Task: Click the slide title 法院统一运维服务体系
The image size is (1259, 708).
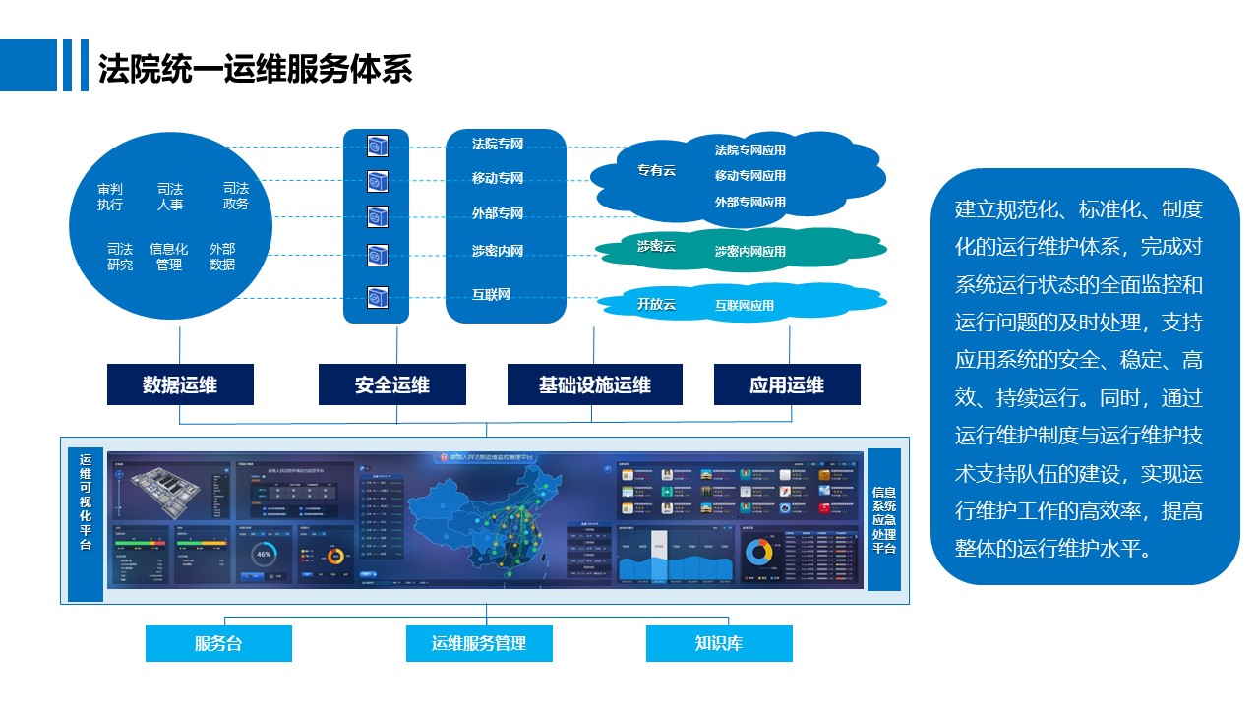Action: [x=255, y=70]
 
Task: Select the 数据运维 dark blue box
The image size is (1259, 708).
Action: [x=180, y=384]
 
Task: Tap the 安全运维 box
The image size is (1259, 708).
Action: [x=392, y=384]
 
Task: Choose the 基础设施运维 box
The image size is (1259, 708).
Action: [x=594, y=384]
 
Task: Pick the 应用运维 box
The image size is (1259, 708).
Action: [x=787, y=384]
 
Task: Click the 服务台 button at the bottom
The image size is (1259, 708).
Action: [x=218, y=644]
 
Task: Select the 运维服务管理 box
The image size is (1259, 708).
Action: [x=479, y=644]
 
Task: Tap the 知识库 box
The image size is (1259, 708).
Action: [x=719, y=644]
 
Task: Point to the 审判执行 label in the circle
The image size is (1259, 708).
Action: [x=110, y=197]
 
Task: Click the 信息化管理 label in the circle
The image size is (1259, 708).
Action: [x=169, y=257]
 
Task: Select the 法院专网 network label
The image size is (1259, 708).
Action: [x=498, y=145]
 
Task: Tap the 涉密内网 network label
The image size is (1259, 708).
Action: [x=498, y=252]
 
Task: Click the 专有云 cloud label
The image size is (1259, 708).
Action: [x=656, y=171]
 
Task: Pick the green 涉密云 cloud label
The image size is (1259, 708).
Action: [x=656, y=246]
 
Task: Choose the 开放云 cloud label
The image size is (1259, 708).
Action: [x=656, y=304]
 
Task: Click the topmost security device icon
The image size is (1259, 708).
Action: [x=377, y=147]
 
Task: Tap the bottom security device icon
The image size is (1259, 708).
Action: [x=377, y=297]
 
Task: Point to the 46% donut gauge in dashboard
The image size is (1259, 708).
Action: [x=264, y=554]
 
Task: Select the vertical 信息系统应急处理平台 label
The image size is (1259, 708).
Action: [x=883, y=519]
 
